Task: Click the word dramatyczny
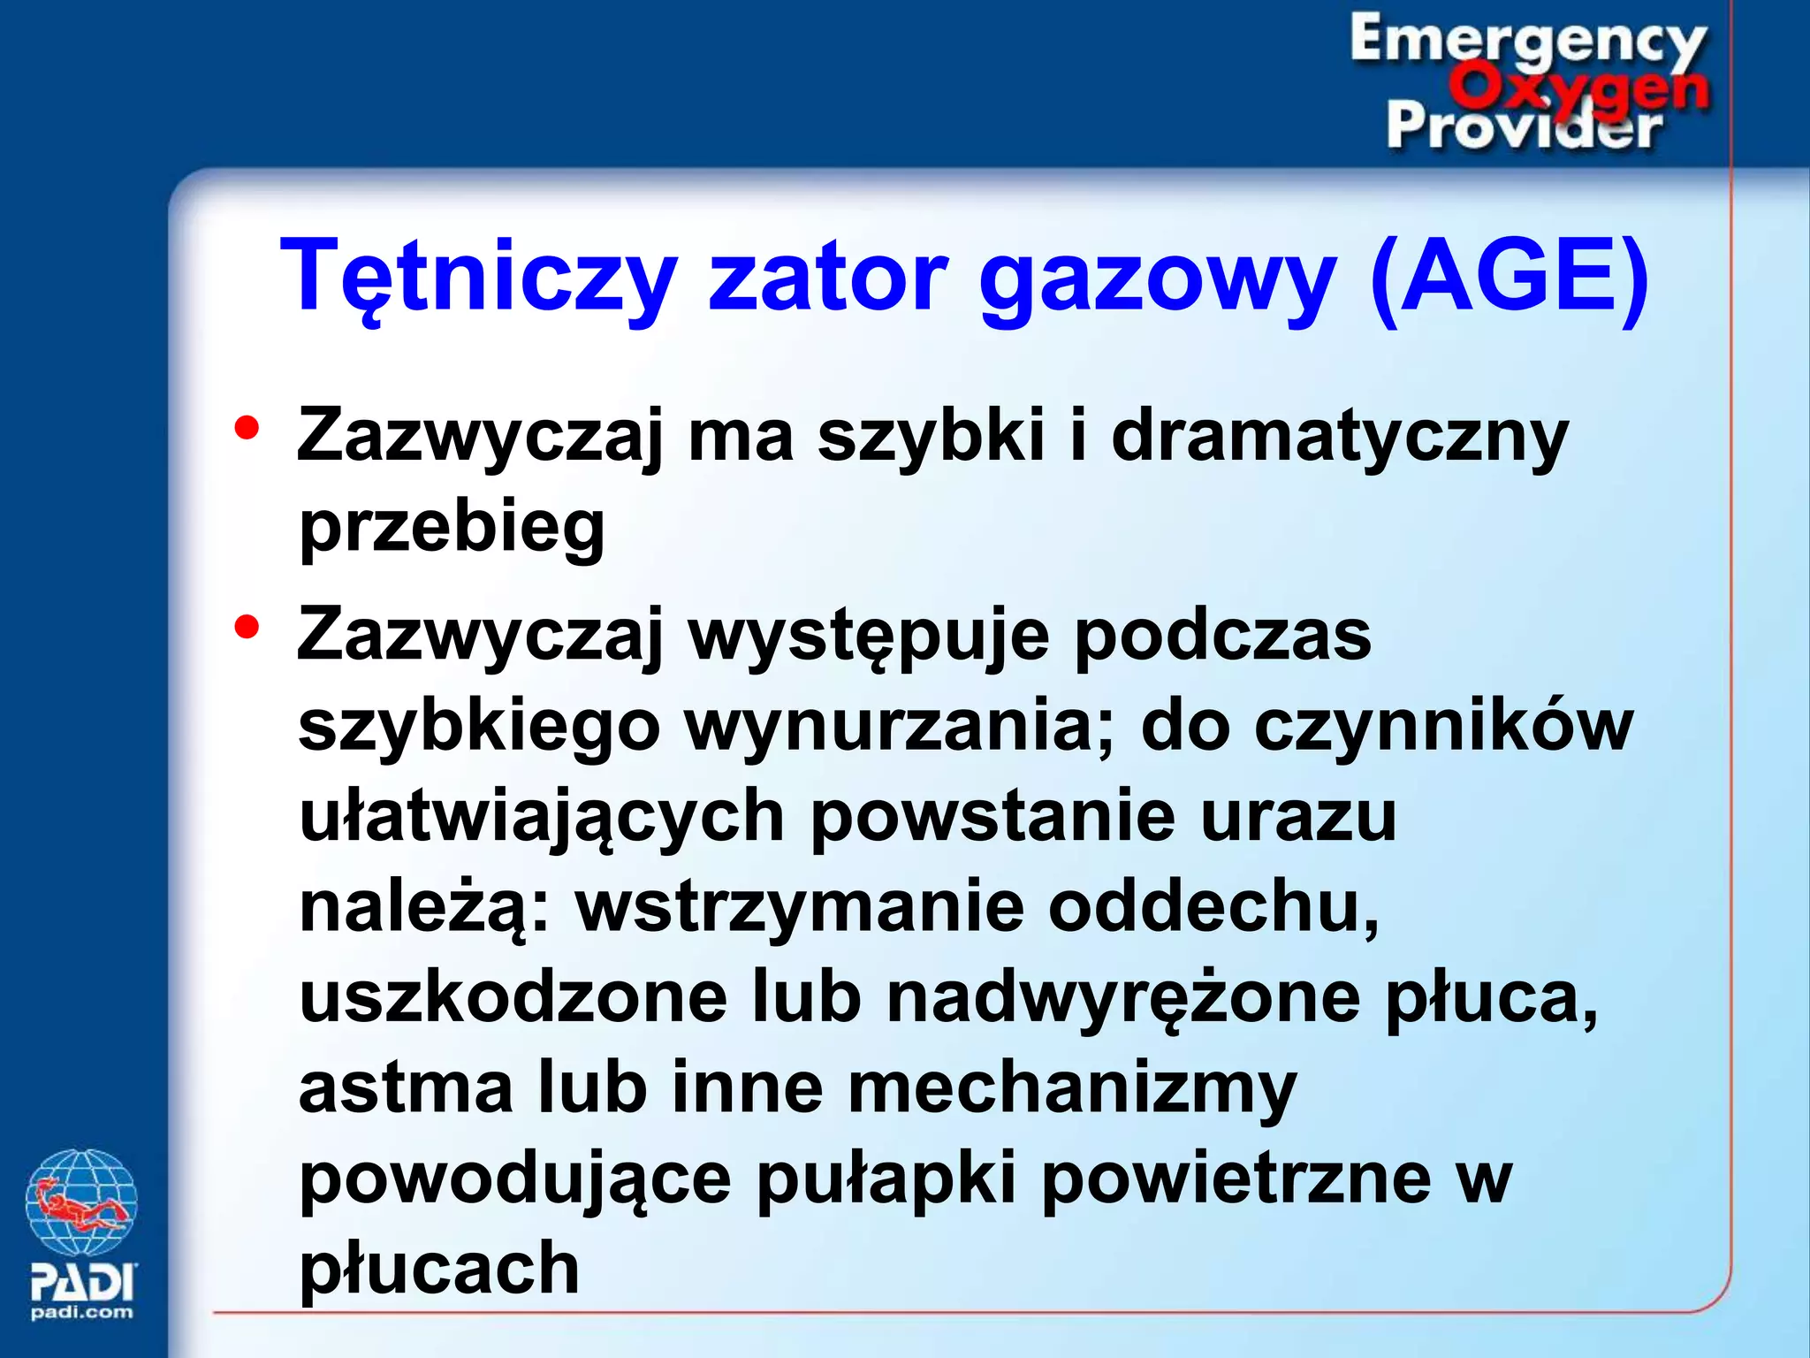pos(1338,437)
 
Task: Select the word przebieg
pos(452,528)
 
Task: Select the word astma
pos(406,1087)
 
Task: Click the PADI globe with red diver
pos(81,1202)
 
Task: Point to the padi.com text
pos(82,1312)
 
